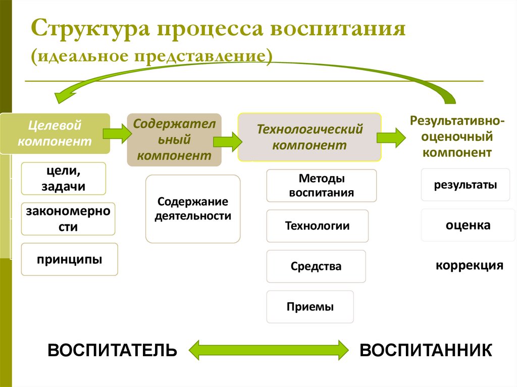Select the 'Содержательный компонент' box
[174, 140]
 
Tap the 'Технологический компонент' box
[309, 137]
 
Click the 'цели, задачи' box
[64, 178]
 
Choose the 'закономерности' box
[68, 219]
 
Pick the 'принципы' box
[69, 259]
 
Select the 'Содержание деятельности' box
[193, 209]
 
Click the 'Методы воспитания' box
[321, 186]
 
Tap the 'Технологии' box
[317, 226]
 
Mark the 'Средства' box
[316, 266]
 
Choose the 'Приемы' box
[310, 307]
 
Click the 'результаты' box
[465, 185]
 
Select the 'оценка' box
[468, 225]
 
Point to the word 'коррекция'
[470, 265]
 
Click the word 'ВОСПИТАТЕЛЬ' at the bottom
[113, 350]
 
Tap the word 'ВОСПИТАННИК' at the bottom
[426, 350]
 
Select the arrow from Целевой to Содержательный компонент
[117, 133]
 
